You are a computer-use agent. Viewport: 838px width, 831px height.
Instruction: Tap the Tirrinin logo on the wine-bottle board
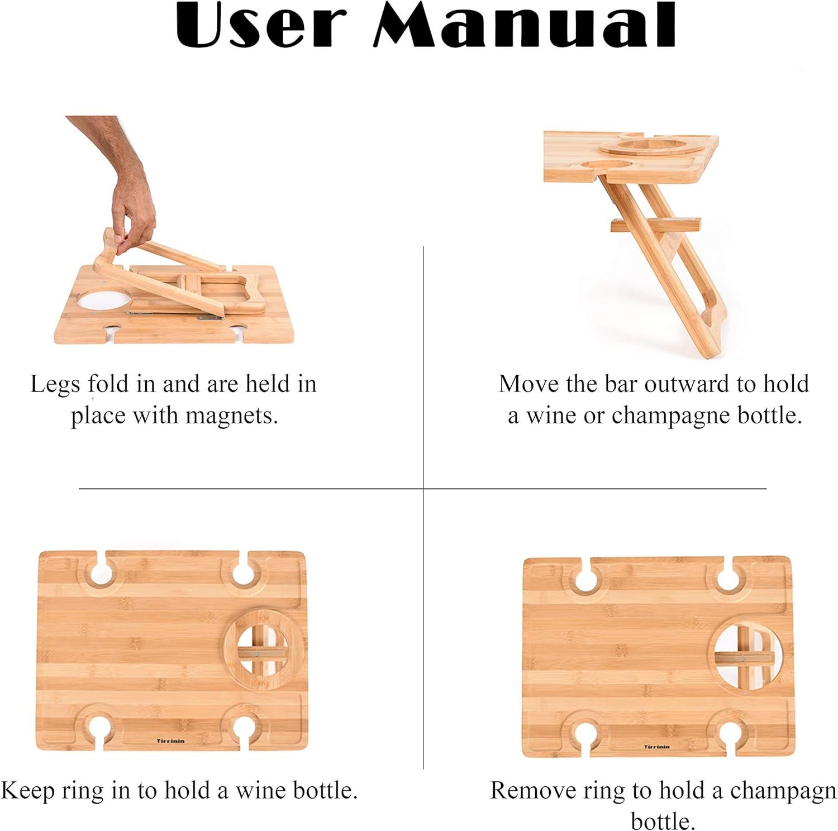[x=170, y=741]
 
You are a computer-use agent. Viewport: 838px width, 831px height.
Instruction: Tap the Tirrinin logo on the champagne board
[x=656, y=747]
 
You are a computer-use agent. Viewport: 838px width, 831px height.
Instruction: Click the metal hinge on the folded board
[x=211, y=317]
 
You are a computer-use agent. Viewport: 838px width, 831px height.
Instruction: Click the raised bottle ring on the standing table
[x=642, y=147]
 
